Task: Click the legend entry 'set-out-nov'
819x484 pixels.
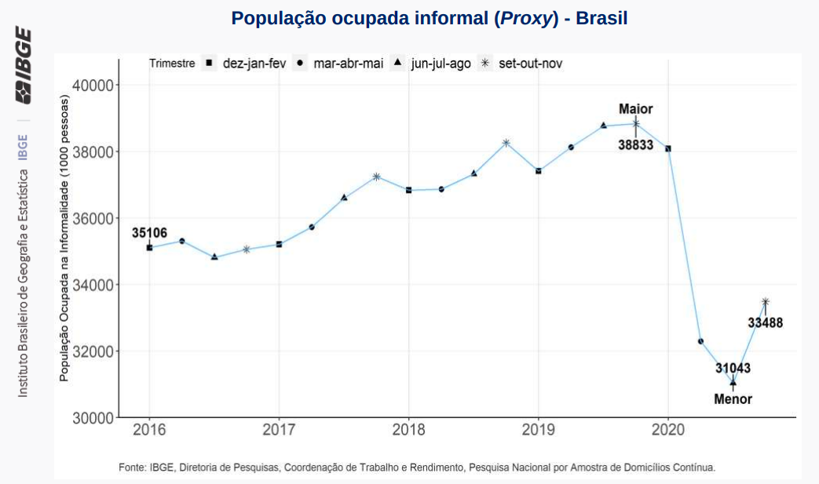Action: pyautogui.click(x=522, y=64)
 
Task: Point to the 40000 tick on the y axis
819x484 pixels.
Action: pyautogui.click(x=93, y=85)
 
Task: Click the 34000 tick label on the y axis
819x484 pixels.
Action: pyautogui.click(x=93, y=285)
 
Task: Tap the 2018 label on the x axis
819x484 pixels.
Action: pyautogui.click(x=408, y=430)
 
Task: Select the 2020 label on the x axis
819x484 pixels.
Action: pyautogui.click(x=667, y=430)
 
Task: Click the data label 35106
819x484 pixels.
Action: pyautogui.click(x=148, y=233)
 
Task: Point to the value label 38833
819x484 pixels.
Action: pyautogui.click(x=635, y=145)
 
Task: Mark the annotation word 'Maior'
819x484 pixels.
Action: pyautogui.click(x=635, y=109)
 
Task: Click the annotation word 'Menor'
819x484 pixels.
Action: pyautogui.click(x=733, y=399)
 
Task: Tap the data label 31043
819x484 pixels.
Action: pyautogui.click(x=733, y=368)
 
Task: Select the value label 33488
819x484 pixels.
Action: pyautogui.click(x=765, y=322)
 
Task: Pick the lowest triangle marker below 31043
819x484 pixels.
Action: pyautogui.click(x=733, y=383)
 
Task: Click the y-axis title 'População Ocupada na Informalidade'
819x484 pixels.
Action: pyautogui.click(x=65, y=239)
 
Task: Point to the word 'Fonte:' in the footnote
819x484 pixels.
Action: pyautogui.click(x=133, y=468)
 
